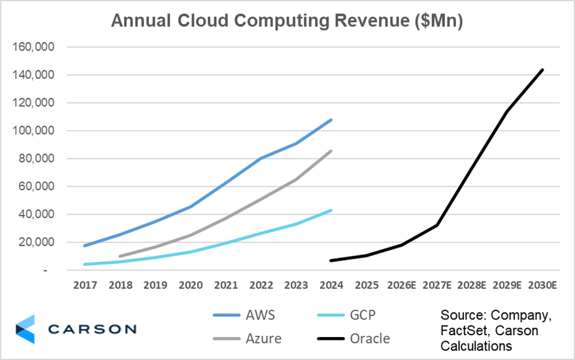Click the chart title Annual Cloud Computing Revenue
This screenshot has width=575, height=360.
(287, 21)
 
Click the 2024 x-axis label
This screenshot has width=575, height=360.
(332, 286)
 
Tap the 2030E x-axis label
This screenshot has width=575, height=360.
(542, 286)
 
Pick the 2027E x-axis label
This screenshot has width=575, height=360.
(437, 286)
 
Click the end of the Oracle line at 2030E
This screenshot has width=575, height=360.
(542, 70)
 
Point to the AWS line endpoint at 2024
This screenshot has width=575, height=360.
(332, 120)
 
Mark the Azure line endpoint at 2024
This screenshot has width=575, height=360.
(332, 151)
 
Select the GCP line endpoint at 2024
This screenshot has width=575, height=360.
(332, 210)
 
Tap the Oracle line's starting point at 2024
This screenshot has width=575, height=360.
(332, 261)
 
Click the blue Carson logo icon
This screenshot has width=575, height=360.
(25, 329)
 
